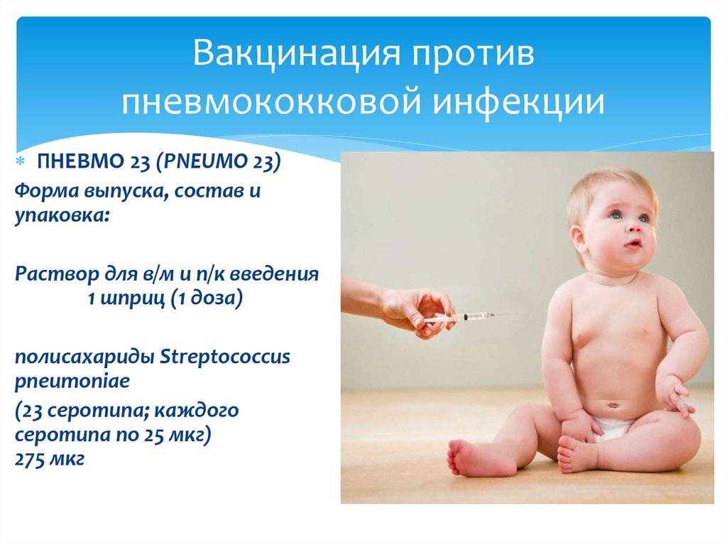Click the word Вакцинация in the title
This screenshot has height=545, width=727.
tap(296, 53)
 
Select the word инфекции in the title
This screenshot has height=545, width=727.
tap(519, 102)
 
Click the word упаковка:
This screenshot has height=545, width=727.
tap(62, 215)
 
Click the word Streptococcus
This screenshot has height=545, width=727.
tap(225, 357)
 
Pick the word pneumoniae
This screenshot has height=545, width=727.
tap(72, 382)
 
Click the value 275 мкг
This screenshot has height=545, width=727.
tap(50, 459)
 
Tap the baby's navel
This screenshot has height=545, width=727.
tap(613, 405)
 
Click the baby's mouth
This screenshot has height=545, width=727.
tap(632, 244)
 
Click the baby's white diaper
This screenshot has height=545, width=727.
tap(613, 428)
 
